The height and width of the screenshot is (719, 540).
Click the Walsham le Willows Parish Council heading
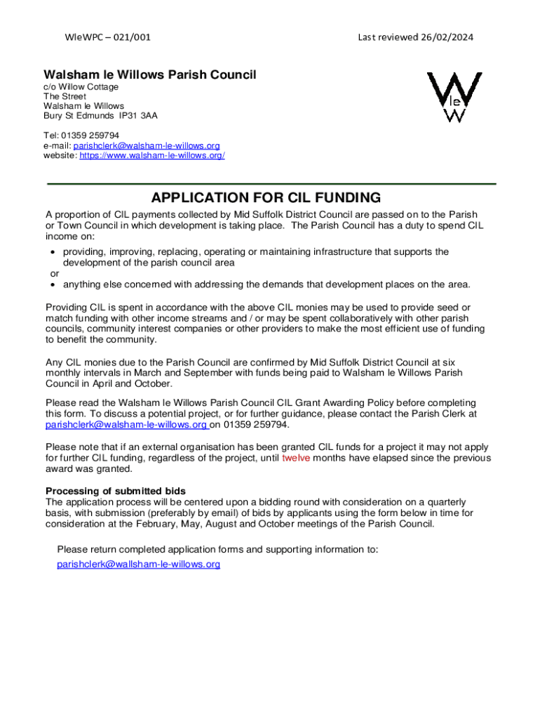pos(150,74)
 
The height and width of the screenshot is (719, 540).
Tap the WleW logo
pos(455,97)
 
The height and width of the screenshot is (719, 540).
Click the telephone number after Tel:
pos(91,136)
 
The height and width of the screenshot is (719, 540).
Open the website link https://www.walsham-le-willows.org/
pos(152,155)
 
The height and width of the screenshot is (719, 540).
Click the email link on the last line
pos(138,564)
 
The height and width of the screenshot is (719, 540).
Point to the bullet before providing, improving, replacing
pos(53,252)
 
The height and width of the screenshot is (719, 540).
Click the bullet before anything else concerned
pos(53,284)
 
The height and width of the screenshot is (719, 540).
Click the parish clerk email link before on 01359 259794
pos(126,425)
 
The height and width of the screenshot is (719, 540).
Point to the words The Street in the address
pos(65,96)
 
